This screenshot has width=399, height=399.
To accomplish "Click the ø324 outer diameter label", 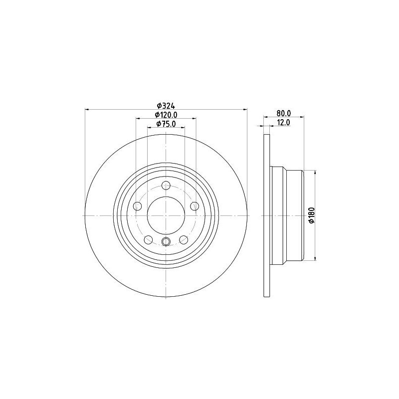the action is click(x=166, y=106).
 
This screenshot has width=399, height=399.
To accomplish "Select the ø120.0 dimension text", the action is click(x=166, y=115).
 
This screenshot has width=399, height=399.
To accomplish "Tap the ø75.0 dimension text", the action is click(x=166, y=124).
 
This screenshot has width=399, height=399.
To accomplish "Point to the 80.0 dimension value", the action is click(x=284, y=113).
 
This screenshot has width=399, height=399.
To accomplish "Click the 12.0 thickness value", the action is click(x=283, y=122).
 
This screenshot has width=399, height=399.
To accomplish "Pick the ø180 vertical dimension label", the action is click(x=312, y=215).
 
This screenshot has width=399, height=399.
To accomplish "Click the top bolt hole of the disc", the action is click(x=166, y=186).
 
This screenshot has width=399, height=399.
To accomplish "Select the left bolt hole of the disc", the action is click(x=138, y=206).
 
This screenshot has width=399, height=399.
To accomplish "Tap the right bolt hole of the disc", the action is click(x=195, y=206).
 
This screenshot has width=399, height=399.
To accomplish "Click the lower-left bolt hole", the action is click(x=148, y=239).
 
